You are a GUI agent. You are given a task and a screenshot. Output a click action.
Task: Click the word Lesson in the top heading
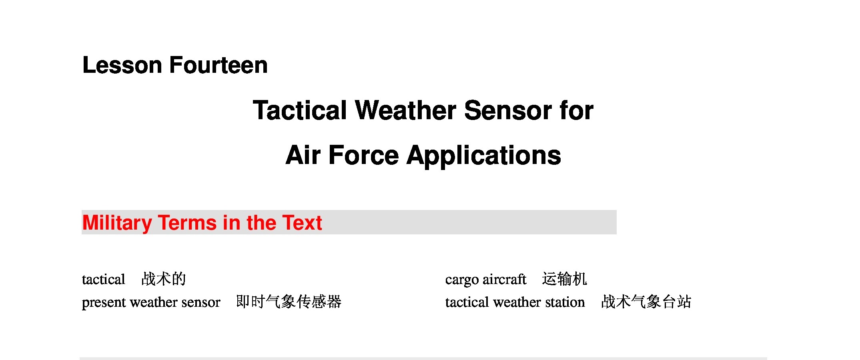pos(122,65)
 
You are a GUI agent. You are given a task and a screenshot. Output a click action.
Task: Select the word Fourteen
pos(219,65)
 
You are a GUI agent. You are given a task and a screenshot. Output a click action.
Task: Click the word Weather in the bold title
pos(405,110)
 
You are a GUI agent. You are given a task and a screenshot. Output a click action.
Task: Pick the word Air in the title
pos(303,155)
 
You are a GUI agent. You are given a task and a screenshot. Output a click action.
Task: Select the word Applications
pos(484,156)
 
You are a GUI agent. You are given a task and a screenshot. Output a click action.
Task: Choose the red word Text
pos(302,223)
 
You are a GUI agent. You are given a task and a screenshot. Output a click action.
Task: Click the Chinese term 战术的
pos(164,279)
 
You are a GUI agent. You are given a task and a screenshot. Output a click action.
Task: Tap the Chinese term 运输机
pos(565,279)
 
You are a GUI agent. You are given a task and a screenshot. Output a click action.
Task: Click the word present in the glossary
pos(104,303)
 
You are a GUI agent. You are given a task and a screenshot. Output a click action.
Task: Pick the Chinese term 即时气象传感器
pos(289,302)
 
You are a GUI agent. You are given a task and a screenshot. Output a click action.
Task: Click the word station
pos(565,302)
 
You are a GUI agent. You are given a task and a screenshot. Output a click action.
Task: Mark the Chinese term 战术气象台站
pos(646,302)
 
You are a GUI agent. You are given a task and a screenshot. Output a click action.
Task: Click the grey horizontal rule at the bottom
pos(423,358)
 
